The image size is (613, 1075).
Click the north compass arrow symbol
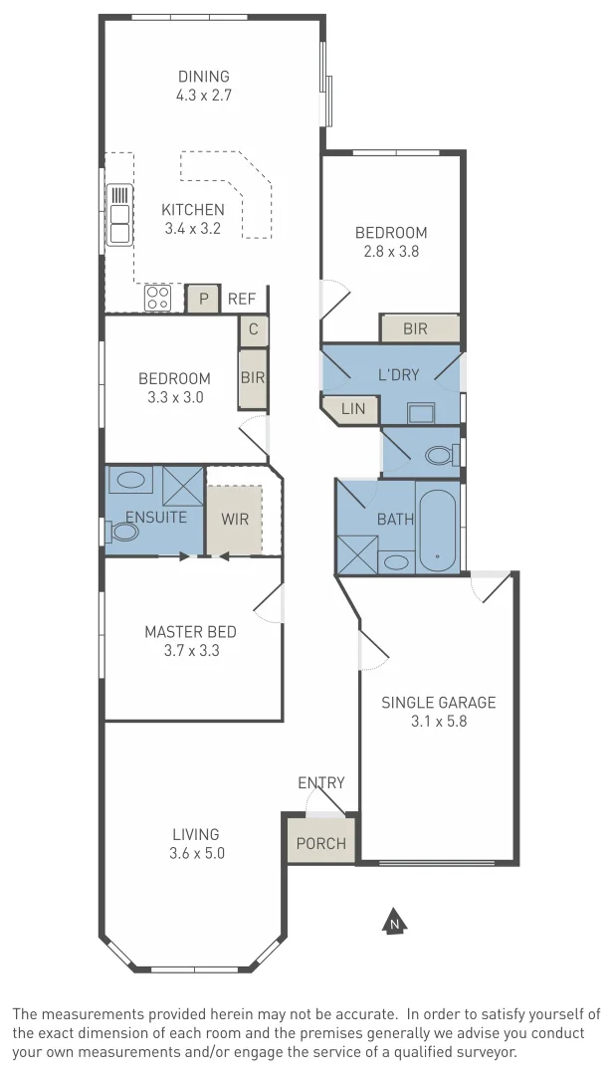(395, 923)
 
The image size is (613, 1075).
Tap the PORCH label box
(320, 843)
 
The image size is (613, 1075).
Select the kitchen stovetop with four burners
(158, 298)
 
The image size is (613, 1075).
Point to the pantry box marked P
(204, 299)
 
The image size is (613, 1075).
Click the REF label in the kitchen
(242, 299)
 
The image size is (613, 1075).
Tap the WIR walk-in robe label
(235, 519)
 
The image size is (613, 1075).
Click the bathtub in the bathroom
(438, 529)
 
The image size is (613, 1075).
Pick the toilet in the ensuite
(123, 532)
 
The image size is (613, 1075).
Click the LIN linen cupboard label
(353, 408)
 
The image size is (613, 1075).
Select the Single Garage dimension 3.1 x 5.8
(439, 721)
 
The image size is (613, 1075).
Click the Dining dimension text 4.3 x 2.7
(203, 96)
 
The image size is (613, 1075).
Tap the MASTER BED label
(190, 631)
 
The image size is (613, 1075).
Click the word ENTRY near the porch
(321, 782)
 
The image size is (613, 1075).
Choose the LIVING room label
(195, 834)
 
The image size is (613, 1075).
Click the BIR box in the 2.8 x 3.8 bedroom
(415, 328)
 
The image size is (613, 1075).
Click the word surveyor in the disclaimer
(483, 1051)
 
